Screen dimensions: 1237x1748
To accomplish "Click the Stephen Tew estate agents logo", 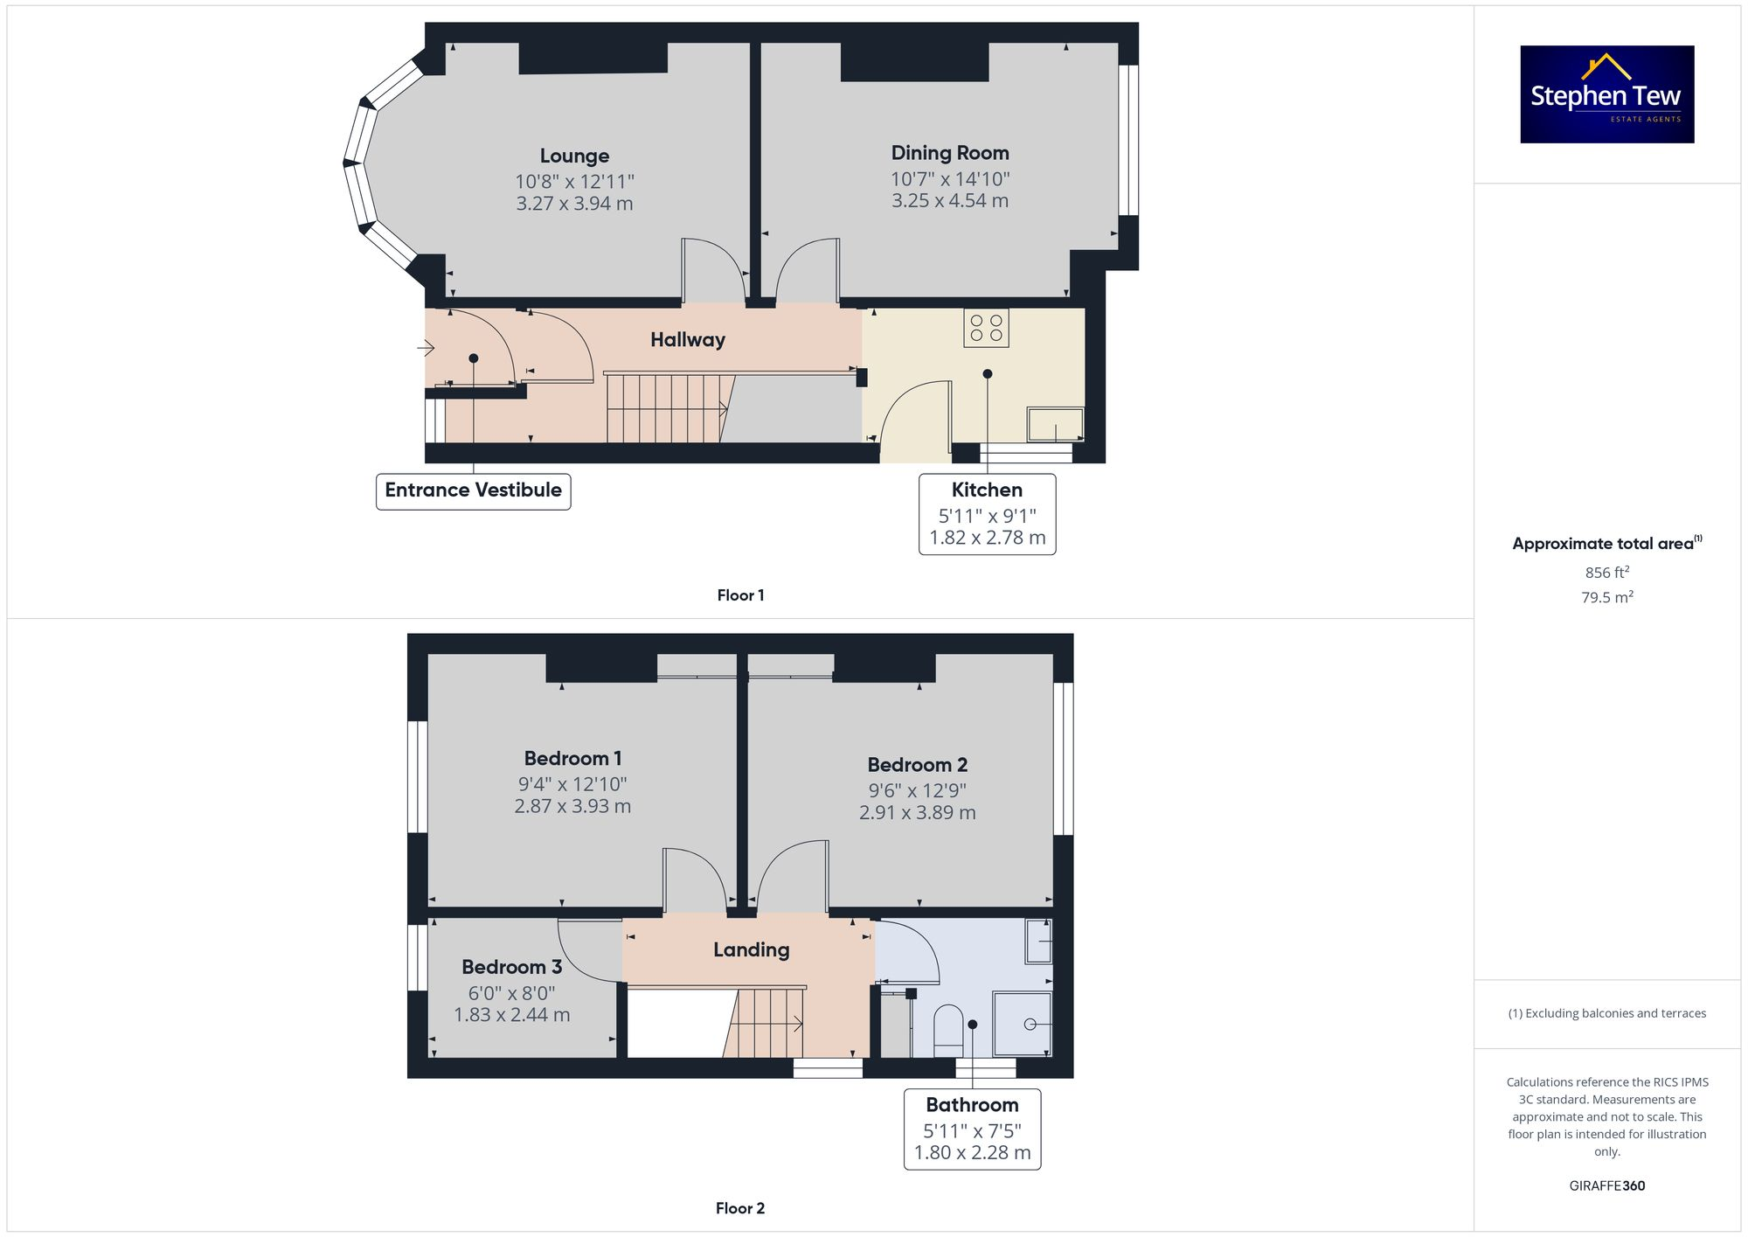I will (1606, 94).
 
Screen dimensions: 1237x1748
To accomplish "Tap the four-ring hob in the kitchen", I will (986, 328).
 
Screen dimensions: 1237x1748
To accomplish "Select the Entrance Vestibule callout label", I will (473, 490).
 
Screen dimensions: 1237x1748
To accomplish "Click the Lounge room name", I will (574, 156).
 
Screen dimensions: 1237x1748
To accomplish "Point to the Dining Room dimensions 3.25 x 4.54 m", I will (949, 201).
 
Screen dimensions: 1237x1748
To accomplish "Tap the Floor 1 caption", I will (740, 595).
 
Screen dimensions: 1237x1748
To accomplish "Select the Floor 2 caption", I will (739, 1208).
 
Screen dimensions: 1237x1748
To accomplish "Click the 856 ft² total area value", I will (1606, 573).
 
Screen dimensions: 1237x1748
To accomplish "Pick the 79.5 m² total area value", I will (1606, 597).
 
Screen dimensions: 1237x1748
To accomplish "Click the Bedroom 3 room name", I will (511, 967).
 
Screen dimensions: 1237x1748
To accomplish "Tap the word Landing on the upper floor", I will (751, 949).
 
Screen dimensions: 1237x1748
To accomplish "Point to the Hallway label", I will (687, 339).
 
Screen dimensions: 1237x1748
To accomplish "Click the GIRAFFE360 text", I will (1606, 1185).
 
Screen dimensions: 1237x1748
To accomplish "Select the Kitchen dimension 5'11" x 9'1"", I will (987, 516).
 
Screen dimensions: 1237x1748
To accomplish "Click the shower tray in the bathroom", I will (1023, 1024).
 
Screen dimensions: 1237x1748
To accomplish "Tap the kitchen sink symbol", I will (1055, 425).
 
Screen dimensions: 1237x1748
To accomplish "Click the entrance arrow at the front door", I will (426, 349).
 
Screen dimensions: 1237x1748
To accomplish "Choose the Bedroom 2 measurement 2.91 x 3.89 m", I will (917, 813).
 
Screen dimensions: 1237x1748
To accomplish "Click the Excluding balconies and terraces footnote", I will (1606, 1013).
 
